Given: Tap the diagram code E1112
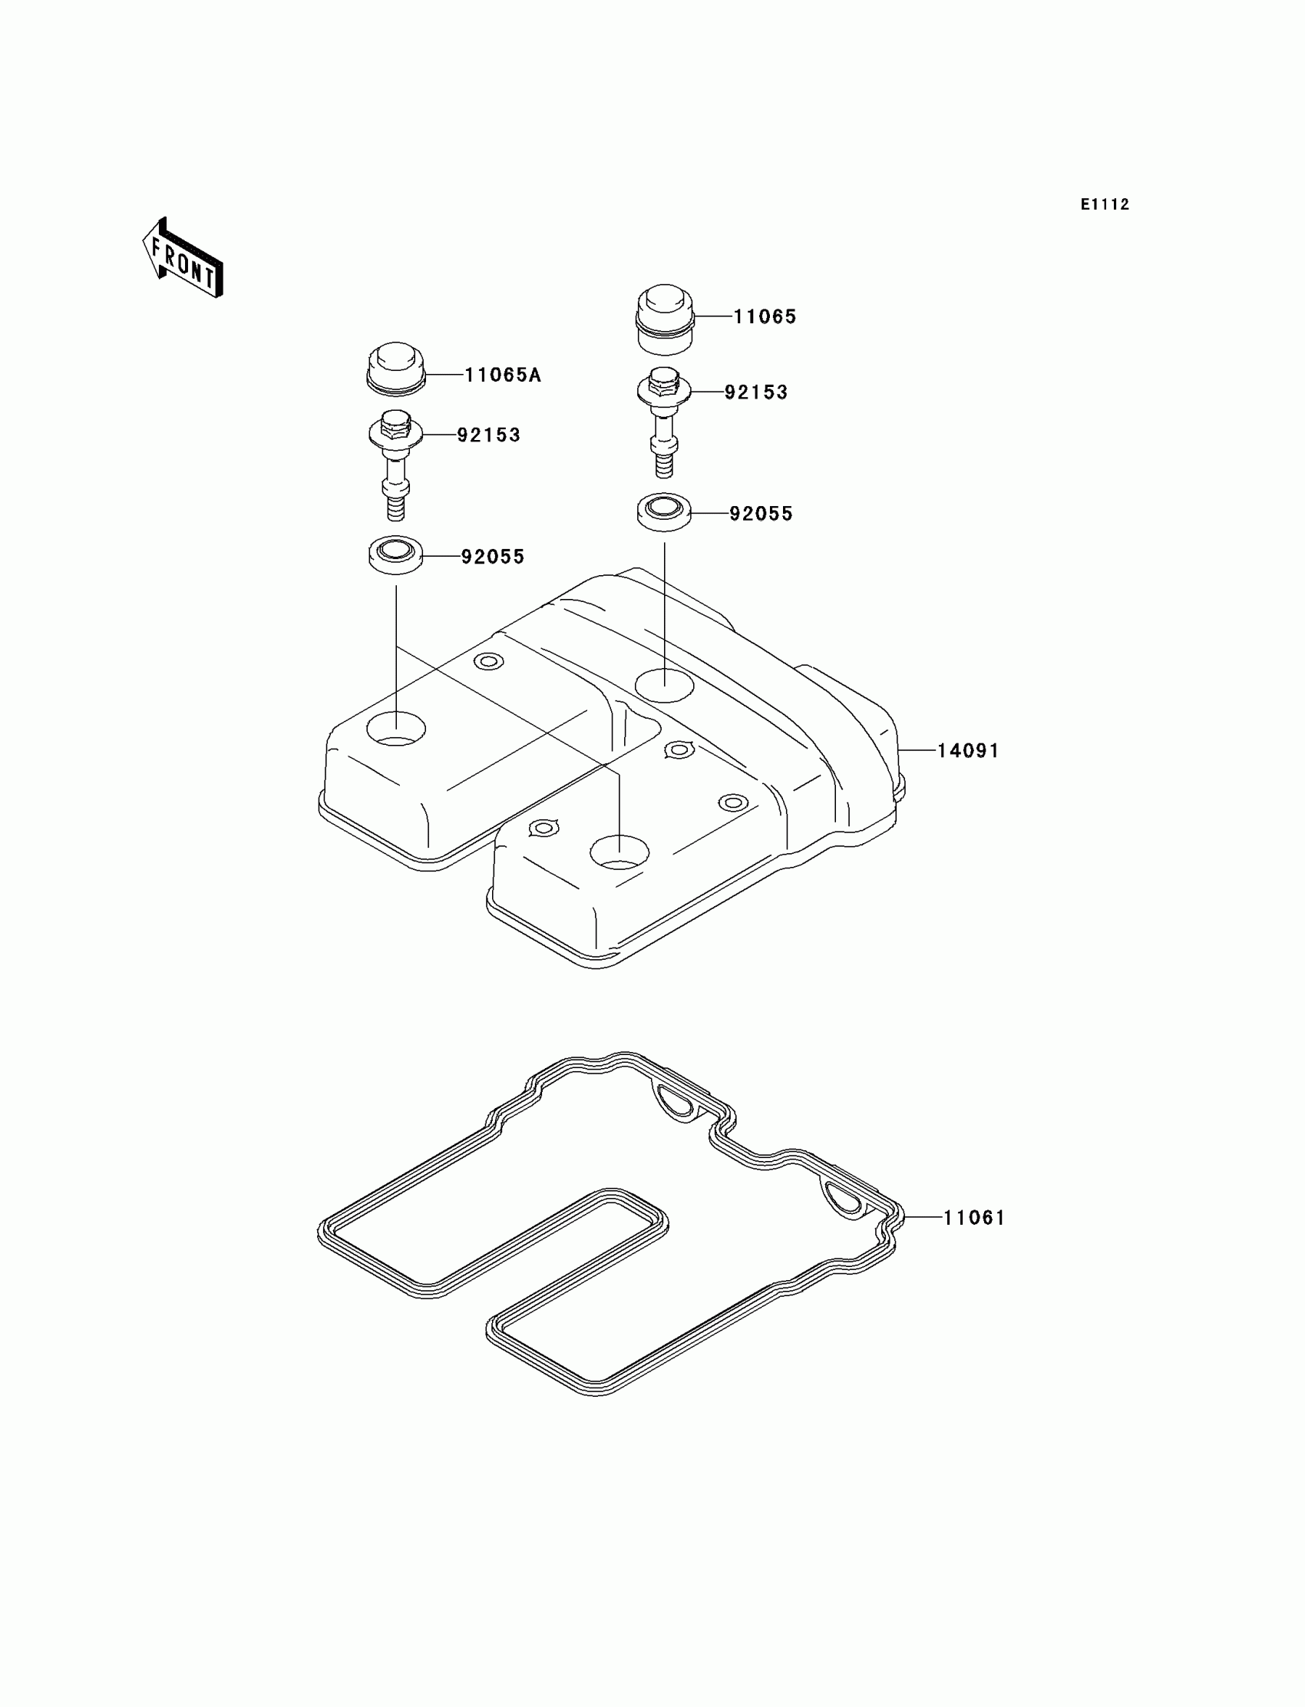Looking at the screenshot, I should click(x=1105, y=204).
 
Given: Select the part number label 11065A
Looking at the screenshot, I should click(x=503, y=375).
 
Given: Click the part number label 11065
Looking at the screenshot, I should click(x=765, y=317).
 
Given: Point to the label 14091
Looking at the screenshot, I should click(x=968, y=750).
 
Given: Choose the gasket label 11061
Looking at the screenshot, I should click(x=974, y=1218).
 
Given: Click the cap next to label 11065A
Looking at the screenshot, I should click(x=395, y=368).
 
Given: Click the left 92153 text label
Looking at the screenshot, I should click(x=488, y=435).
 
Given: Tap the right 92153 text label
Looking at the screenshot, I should click(x=756, y=392).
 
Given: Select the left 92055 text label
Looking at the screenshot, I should click(x=493, y=557).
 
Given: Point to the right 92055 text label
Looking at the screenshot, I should click(x=761, y=514).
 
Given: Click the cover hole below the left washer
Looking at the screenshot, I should click(x=396, y=729).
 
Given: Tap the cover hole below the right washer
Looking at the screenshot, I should click(x=664, y=684).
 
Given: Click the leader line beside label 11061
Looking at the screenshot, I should click(x=923, y=1217).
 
